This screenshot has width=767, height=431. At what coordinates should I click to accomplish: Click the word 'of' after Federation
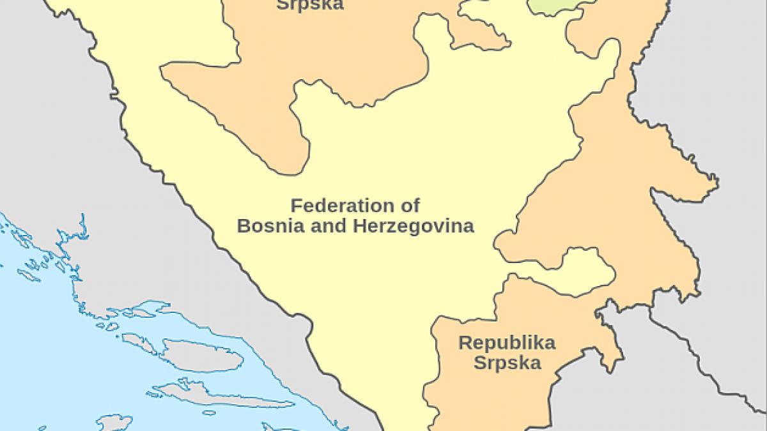pyautogui.click(x=412, y=206)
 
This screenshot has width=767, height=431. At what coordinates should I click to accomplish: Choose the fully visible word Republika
pyautogui.click(x=507, y=343)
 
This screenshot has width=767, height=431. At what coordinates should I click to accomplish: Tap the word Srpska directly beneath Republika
pyautogui.click(x=507, y=363)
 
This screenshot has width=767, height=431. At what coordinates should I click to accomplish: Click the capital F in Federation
pyautogui.click(x=295, y=206)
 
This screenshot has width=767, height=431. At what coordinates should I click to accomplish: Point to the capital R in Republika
pyautogui.click(x=465, y=343)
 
